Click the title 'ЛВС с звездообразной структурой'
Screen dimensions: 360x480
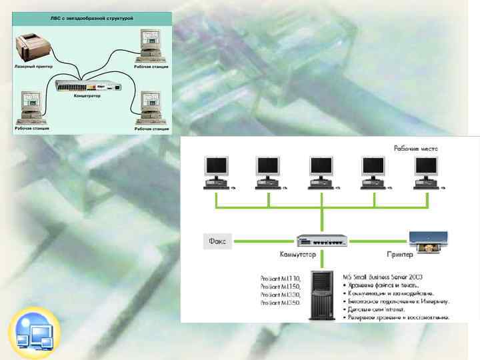[x=93, y=19]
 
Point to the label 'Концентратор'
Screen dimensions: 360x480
[x=87, y=97]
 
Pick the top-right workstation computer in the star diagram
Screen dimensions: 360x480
[x=150, y=45]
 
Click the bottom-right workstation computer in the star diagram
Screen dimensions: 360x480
[x=149, y=107]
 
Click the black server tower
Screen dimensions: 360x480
[x=321, y=293]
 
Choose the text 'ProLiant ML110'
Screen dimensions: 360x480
[x=280, y=278]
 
